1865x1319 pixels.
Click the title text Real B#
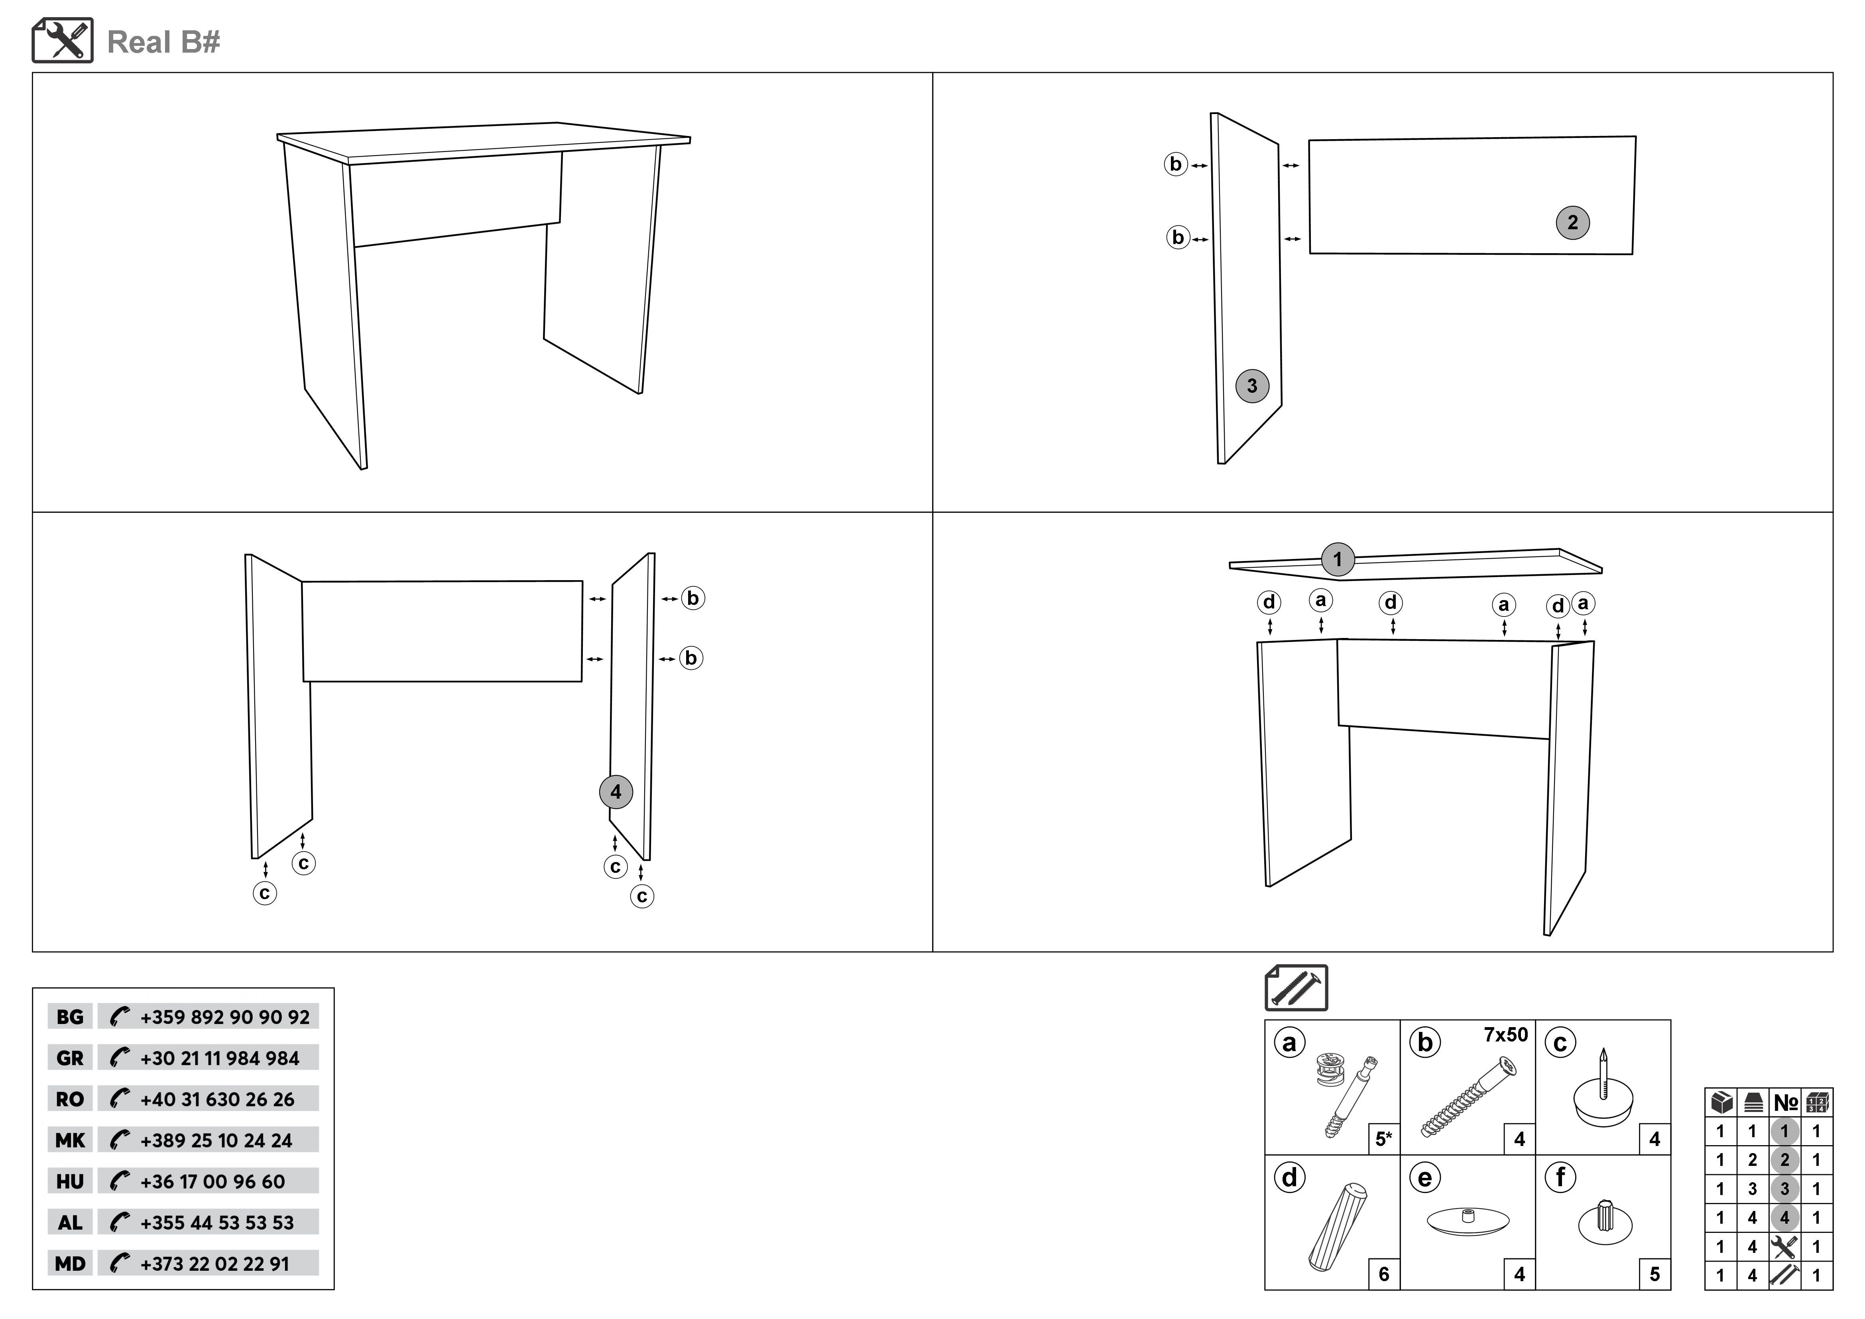click(x=163, y=42)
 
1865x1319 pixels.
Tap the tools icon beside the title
click(x=63, y=41)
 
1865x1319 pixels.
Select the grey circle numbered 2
click(x=1573, y=222)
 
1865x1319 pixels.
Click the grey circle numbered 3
click(x=1252, y=386)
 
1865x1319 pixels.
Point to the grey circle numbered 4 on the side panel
click(x=616, y=792)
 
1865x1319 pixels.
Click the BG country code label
click(x=70, y=1017)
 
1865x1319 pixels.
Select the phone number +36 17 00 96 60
click(x=213, y=1182)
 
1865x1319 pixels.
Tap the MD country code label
click(x=70, y=1264)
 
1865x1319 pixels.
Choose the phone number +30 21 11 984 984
click(x=219, y=1058)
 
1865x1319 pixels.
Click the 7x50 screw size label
click(x=1505, y=1035)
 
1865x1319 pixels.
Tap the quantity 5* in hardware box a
click(x=1383, y=1140)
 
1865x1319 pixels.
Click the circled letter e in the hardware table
click(x=1425, y=1178)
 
